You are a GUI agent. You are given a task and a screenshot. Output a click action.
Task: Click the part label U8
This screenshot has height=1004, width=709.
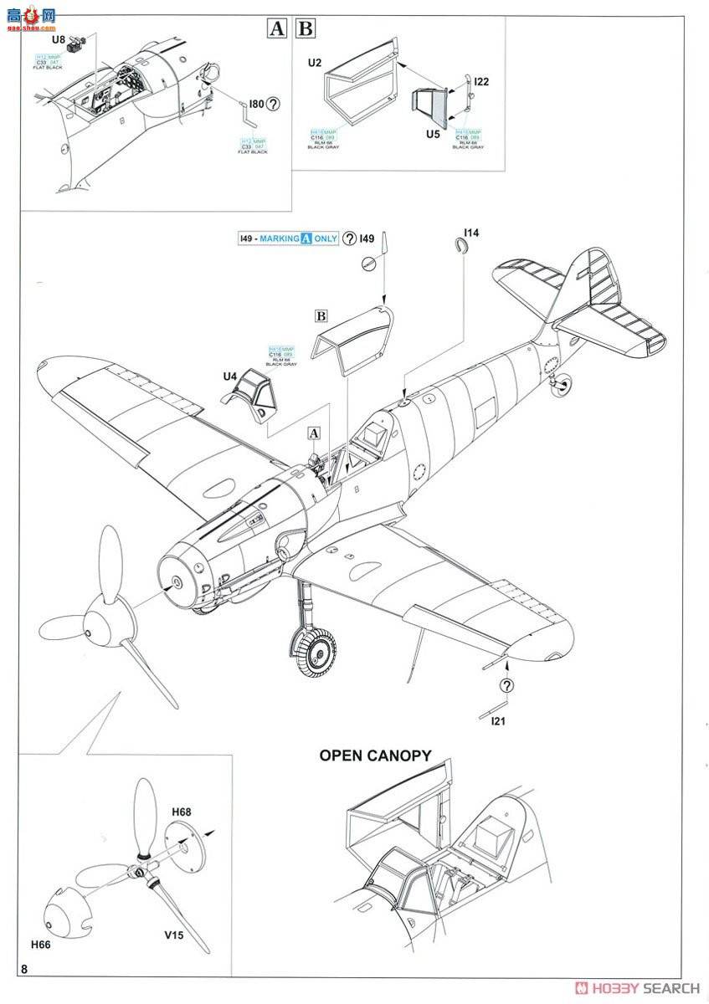57,39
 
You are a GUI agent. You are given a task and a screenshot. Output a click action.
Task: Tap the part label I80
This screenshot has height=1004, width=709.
255,105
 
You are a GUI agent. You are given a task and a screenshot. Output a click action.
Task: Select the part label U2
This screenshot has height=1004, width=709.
315,62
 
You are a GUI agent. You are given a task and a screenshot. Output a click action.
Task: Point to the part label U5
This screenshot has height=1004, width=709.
432,134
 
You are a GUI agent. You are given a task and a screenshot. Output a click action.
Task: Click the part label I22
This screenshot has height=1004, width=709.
481,81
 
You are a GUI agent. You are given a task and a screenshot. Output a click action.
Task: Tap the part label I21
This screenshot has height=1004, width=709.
498,720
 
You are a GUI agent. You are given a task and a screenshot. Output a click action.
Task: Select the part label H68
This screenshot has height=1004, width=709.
182,812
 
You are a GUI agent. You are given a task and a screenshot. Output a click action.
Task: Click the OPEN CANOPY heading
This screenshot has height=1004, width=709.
375,756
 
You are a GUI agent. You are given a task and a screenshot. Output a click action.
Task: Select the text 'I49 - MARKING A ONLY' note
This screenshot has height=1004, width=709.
286,238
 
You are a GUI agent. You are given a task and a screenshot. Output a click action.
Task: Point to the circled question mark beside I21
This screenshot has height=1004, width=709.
506,686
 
